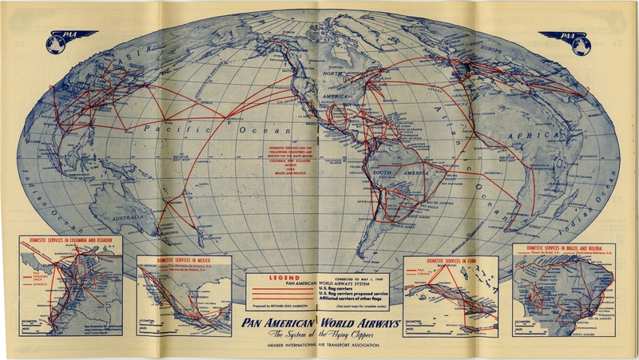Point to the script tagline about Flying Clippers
[319, 334]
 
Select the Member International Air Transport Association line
[319, 348]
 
